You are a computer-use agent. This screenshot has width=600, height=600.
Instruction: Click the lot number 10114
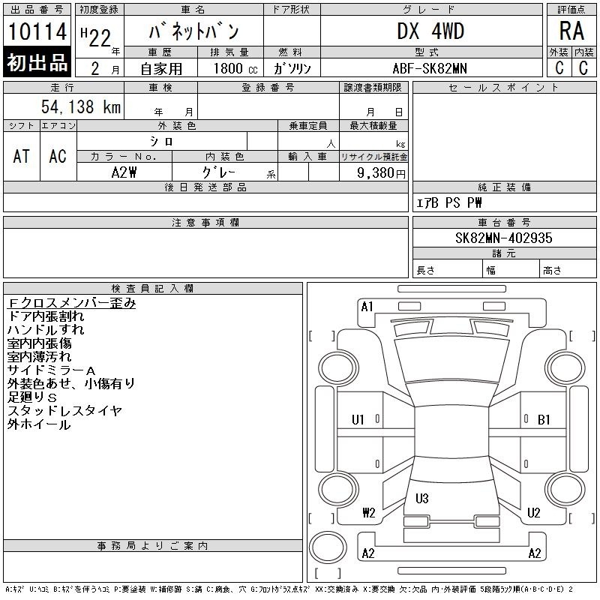pos(37,31)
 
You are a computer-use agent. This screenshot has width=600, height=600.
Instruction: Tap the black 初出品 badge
pos(37,61)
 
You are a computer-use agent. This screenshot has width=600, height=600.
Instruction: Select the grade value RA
pos(571,31)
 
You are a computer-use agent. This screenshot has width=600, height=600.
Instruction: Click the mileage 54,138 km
pos(81,106)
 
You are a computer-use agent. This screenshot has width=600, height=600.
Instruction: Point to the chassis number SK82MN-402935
pos(503,238)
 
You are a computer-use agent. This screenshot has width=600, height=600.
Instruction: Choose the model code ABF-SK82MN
pos(430,68)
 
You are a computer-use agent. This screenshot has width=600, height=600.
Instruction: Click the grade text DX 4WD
pos(430,31)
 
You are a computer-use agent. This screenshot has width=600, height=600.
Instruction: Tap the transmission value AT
pos(22,156)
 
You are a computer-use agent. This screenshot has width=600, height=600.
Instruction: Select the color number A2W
pos(124,172)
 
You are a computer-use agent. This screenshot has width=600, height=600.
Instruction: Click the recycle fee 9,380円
pos(381,173)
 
